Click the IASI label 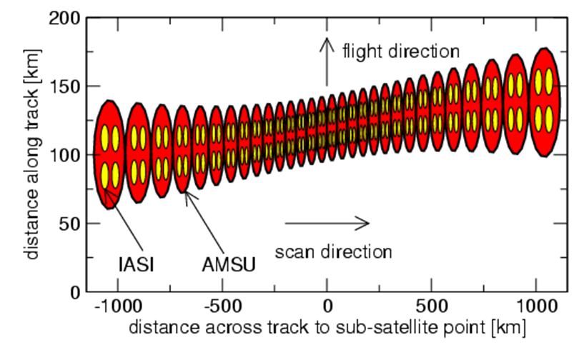click(x=136, y=265)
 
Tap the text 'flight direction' click(x=400, y=51)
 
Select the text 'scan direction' click(x=334, y=251)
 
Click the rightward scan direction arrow click(x=327, y=224)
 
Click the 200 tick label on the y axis click(x=65, y=18)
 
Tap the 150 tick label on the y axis click(x=65, y=86)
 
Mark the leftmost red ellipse click(x=109, y=154)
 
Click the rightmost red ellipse click(x=545, y=102)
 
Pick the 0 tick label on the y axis click(x=74, y=292)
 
